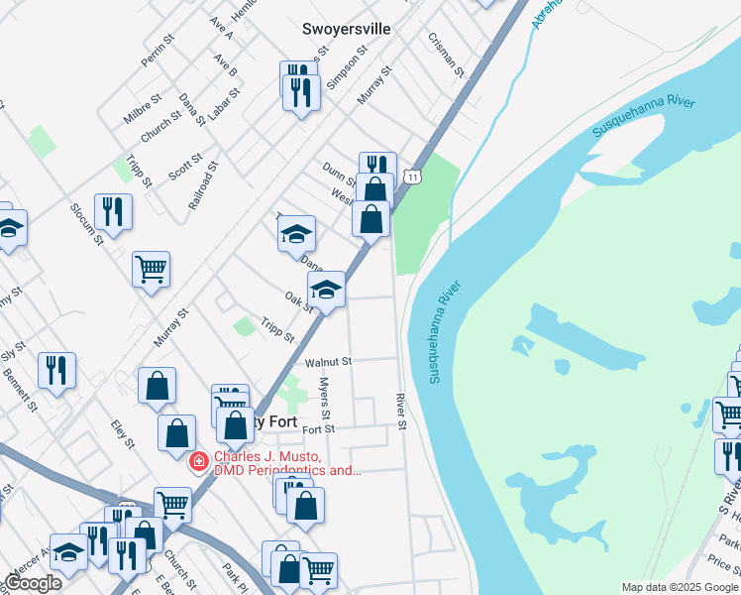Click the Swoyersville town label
[346, 30]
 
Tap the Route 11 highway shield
[412, 176]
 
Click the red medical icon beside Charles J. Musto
[198, 461]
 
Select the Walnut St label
[328, 363]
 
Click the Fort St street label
[319, 429]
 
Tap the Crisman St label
[446, 54]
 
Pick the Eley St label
[123, 433]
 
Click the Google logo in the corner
[34, 583]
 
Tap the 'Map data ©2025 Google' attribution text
[679, 587]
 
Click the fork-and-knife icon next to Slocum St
[113, 210]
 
